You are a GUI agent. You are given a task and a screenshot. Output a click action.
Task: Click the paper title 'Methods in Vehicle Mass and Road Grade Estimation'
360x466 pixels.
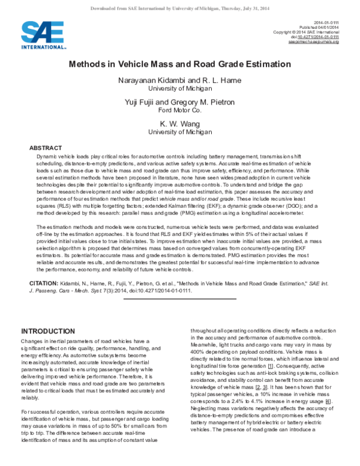tap(180, 63)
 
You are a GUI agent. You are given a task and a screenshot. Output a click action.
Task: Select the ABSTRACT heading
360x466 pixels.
tap(46, 147)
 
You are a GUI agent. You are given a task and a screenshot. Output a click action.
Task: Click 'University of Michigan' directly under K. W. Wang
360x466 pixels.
tap(179, 131)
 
